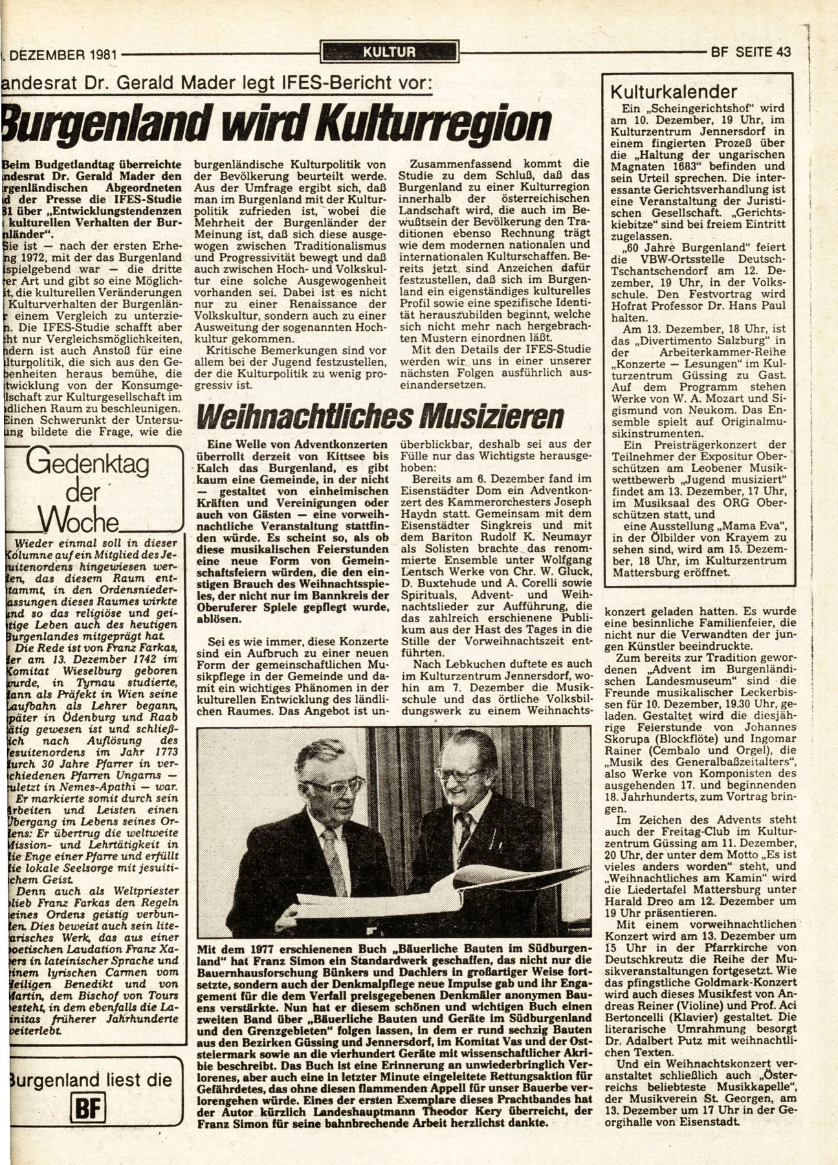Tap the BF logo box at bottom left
85,1105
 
